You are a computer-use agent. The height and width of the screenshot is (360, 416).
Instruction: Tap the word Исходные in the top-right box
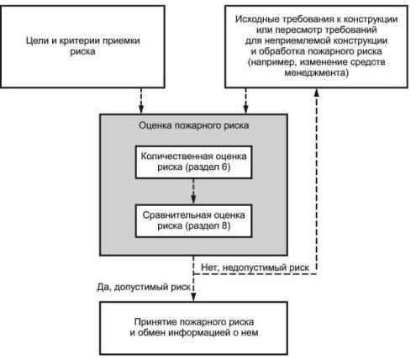pos(257,19)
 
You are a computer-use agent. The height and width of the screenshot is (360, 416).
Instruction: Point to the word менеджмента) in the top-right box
pos(316,73)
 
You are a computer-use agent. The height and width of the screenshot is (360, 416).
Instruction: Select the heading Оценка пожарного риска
pos(193,125)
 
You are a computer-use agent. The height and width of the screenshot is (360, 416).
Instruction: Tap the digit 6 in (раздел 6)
pos(225,167)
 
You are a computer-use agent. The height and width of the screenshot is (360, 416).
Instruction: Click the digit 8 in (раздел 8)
pos(225,225)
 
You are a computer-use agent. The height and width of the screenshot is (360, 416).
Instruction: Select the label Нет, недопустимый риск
pos(255,267)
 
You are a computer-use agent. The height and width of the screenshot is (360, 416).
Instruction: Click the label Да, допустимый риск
pos(144,287)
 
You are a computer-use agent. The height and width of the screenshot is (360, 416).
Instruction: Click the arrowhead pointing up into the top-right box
pos(316,93)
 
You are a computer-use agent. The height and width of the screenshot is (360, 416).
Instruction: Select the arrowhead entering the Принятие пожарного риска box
pos(193,297)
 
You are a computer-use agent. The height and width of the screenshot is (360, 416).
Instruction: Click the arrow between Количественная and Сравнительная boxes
pos(193,191)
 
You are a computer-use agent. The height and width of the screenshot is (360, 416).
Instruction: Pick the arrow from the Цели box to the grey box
pos(141,101)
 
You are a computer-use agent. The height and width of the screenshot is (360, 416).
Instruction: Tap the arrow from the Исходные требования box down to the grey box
pos(245,101)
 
